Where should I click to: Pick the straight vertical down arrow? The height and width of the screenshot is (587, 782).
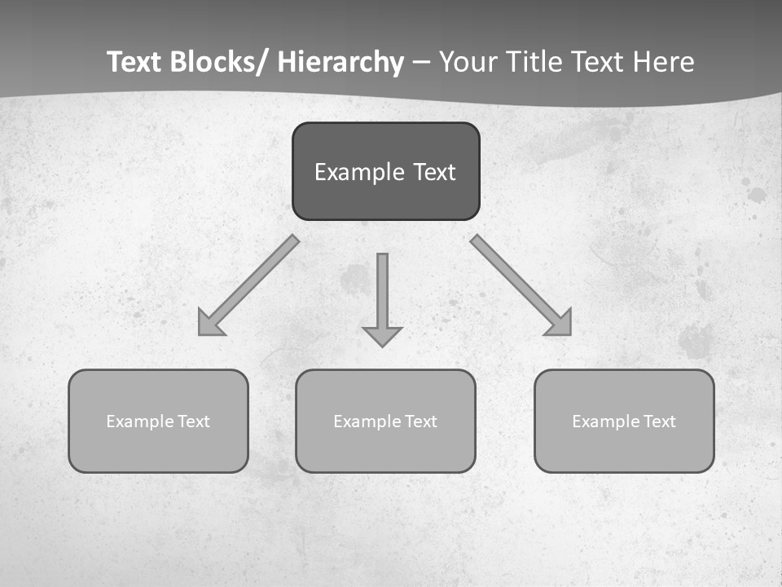pyautogui.click(x=382, y=289)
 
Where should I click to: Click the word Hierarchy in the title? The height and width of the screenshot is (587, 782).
pyautogui.click(x=340, y=62)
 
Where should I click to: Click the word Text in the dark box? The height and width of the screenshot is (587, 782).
pyautogui.click(x=433, y=173)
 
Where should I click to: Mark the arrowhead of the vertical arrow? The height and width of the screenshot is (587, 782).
pyautogui.click(x=382, y=336)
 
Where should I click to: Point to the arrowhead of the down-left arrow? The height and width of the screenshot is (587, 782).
pyautogui.click(x=209, y=324)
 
